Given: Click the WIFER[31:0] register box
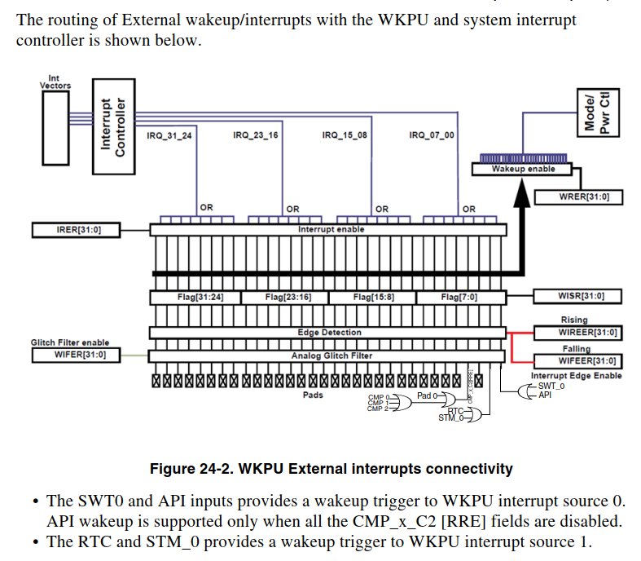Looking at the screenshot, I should point(76,355).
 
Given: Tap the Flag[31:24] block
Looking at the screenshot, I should point(195,297).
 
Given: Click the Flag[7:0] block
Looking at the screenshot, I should point(459,297).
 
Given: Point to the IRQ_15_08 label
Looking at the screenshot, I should point(345,135).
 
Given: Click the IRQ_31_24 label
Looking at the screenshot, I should point(169,135).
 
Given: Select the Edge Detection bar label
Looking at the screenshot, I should point(329,333).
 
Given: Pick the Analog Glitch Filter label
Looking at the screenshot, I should point(331,356).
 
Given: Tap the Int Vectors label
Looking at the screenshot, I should point(55,82).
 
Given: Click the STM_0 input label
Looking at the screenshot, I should point(450,418).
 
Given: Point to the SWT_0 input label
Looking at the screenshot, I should point(553,385).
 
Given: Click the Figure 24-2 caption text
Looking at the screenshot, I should point(331,469).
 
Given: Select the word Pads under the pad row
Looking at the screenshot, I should point(312,395).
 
